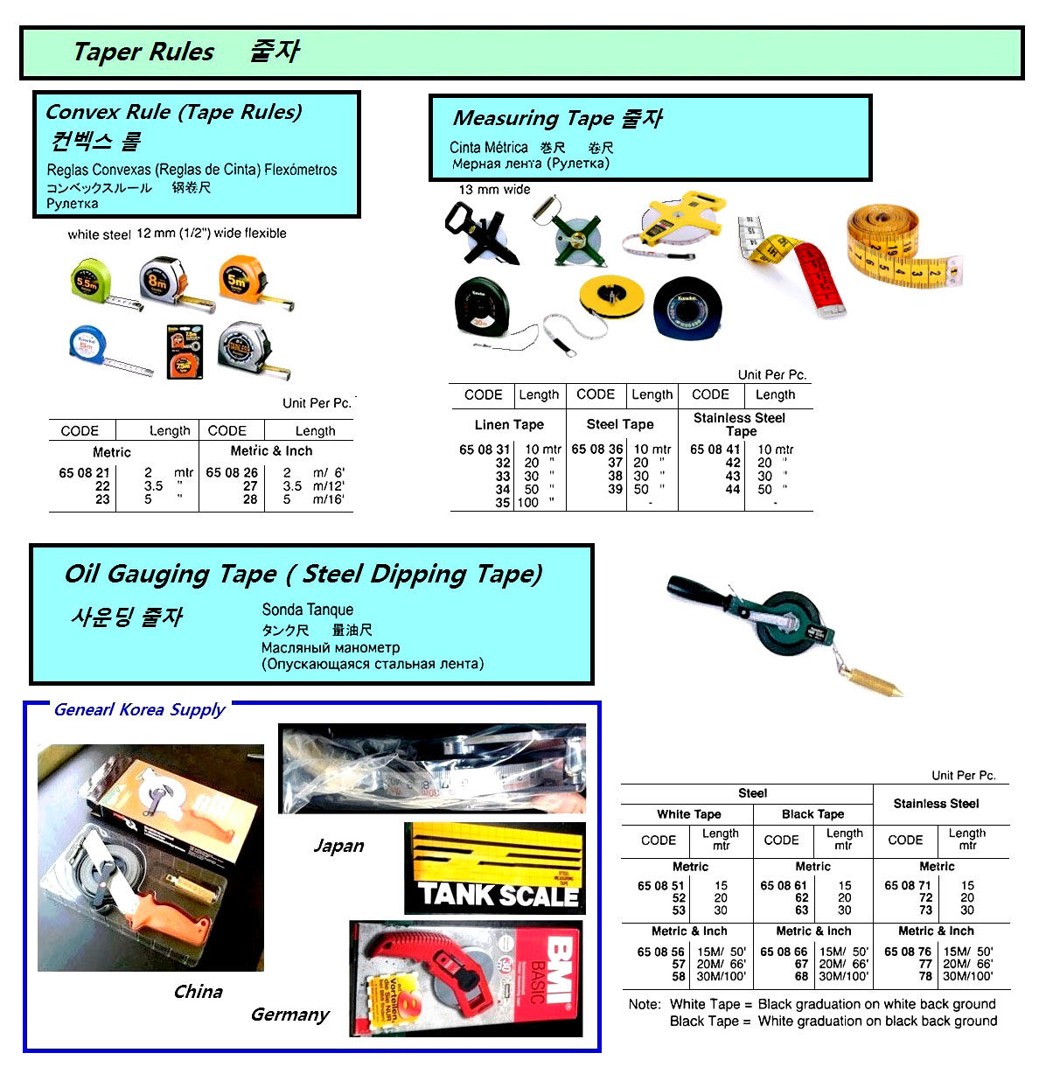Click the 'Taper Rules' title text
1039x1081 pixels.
tap(143, 52)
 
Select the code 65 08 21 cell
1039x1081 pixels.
tap(84, 473)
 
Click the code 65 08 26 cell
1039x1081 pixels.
tap(232, 473)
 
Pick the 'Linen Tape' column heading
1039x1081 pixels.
tap(509, 425)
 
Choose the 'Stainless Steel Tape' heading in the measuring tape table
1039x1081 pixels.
tap(740, 424)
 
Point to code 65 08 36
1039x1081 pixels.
tap(597, 450)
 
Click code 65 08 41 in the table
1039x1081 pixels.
tap(715, 450)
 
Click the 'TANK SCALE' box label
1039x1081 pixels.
tap(499, 894)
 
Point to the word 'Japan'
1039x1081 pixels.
tap(338, 846)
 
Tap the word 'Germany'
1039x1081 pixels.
tap(289, 1015)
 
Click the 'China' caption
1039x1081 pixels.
tap(198, 992)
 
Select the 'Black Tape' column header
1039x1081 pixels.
tap(812, 814)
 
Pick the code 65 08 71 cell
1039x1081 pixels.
tap(907, 886)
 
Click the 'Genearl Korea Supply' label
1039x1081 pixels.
tap(140, 709)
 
